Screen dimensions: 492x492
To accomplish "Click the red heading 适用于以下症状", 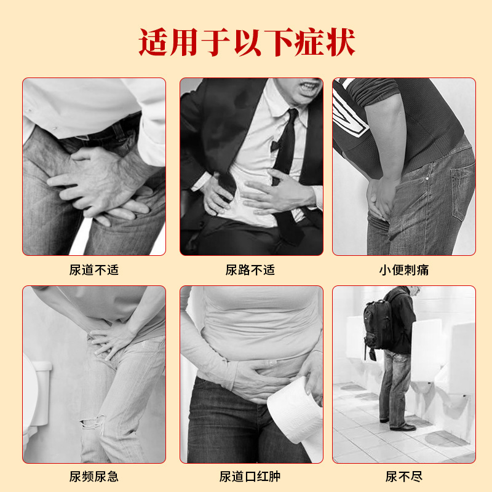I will [246, 42].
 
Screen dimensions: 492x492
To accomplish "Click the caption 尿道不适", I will [94, 269].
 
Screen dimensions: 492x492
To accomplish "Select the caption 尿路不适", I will [250, 269].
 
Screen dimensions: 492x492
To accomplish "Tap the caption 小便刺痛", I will [404, 269].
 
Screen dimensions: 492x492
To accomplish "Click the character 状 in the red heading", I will [340, 42].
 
